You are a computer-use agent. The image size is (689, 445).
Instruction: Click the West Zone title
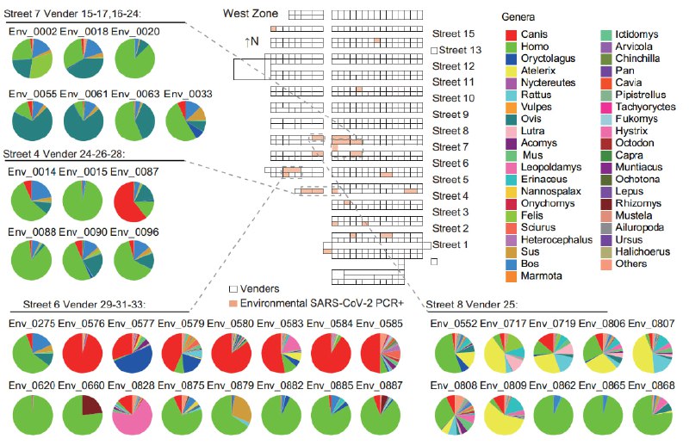(250, 14)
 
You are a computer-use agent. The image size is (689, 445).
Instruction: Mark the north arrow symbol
(252, 41)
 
